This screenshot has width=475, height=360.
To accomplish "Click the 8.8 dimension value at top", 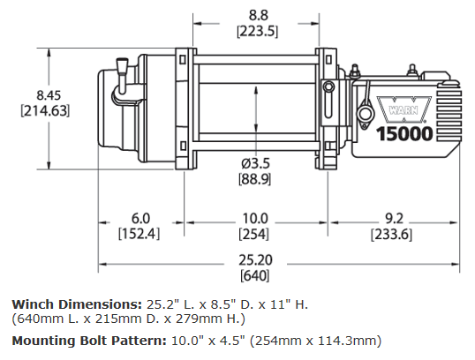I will point(256,14).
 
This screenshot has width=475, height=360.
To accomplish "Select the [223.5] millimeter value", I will point(256,31).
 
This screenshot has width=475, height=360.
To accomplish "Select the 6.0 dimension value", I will point(140,218).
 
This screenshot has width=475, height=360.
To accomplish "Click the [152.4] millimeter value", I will point(140,234).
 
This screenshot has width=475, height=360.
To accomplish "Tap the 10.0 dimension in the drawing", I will point(255,218).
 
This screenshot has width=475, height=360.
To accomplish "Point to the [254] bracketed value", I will point(255,234).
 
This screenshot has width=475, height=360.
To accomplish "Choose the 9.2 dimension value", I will point(394,218).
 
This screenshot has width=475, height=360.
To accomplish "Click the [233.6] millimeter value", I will point(394,234).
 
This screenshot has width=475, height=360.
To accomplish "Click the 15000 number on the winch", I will point(406,135).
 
